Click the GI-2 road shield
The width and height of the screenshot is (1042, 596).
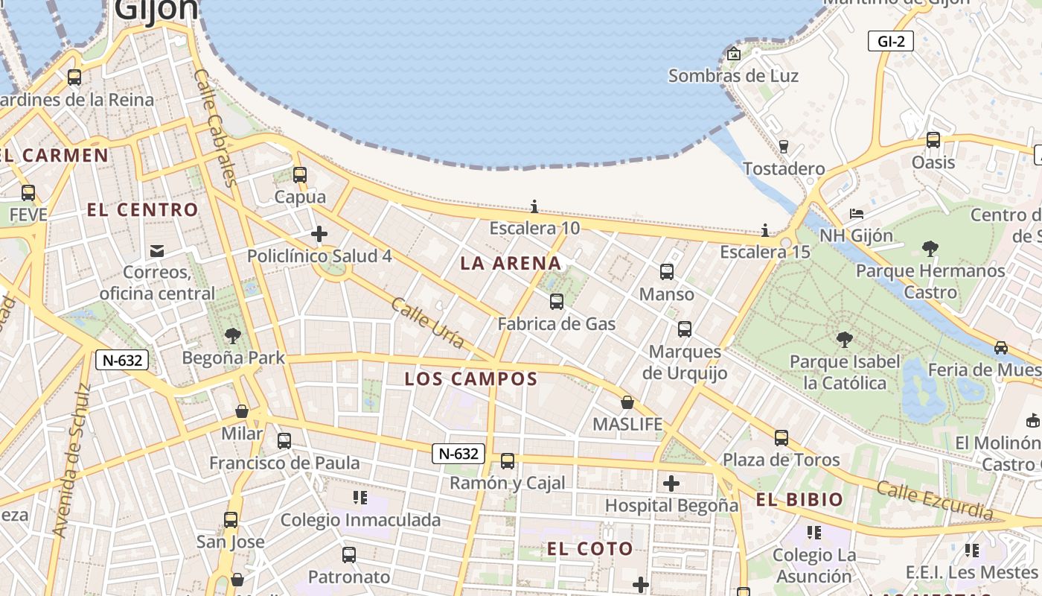pos(891,42)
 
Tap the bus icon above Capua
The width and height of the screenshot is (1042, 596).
pos(299,175)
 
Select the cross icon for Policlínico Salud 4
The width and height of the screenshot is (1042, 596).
pos(319,235)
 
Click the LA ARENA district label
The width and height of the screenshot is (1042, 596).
pos(511,263)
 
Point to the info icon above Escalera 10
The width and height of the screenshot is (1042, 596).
pos(534,206)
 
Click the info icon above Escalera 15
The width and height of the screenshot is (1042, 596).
pos(765,230)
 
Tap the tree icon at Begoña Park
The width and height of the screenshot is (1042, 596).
pos(233,336)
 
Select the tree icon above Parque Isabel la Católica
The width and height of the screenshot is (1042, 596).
pos(844,340)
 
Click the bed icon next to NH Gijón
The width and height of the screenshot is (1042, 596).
pos(856,214)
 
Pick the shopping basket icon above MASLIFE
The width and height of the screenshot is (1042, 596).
pos(627,402)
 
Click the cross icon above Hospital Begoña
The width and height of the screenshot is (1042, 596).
pos(671,484)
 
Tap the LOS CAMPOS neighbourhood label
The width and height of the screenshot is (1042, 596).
pos(471,378)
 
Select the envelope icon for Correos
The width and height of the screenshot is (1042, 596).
pos(157,250)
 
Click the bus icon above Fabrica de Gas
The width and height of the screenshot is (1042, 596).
pos(556,302)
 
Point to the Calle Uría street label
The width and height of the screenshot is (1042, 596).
pos(428,323)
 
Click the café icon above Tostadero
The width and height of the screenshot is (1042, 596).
pos(783,146)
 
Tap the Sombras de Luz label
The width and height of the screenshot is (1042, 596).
pos(733,76)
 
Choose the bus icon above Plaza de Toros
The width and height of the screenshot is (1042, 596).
pos(781,438)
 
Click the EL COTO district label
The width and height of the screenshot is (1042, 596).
pos(590,550)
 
